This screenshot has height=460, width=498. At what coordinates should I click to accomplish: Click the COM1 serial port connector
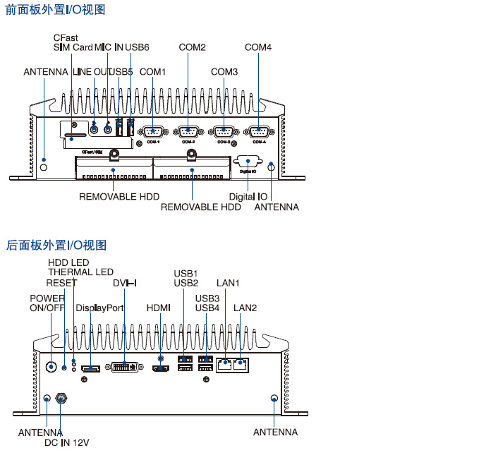153,131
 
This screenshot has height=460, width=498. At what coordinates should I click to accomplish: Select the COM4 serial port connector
258,131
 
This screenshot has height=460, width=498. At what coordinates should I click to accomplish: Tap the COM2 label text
192,47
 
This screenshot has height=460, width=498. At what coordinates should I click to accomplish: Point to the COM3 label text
224,72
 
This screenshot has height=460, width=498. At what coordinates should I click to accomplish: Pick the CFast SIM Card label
73,42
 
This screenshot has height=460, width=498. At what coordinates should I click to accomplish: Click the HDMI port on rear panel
161,368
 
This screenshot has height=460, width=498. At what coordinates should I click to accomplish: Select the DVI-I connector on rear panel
124,367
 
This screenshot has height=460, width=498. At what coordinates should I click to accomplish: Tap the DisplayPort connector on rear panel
91,368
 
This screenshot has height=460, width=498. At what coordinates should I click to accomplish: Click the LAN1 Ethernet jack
224,365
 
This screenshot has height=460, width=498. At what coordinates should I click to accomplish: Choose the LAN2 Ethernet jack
241,365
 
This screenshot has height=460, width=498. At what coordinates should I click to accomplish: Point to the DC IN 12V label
66,442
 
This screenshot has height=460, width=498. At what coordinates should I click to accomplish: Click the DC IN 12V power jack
61,399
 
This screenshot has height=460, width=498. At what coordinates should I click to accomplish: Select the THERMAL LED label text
80,272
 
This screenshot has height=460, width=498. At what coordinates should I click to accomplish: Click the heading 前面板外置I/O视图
56,10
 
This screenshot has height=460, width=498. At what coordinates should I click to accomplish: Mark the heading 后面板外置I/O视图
56,245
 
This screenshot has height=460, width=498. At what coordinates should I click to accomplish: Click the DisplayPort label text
99,308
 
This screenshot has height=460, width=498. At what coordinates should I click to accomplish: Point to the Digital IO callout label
248,196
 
